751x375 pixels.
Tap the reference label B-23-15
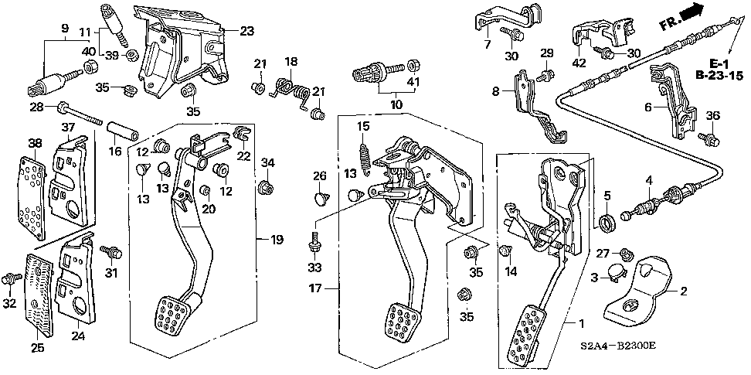(719, 76)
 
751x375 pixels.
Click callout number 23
(246, 32)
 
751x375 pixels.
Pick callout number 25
(36, 349)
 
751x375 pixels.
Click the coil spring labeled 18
(293, 87)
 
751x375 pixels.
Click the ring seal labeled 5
(607, 222)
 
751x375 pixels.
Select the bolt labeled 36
(706, 140)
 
